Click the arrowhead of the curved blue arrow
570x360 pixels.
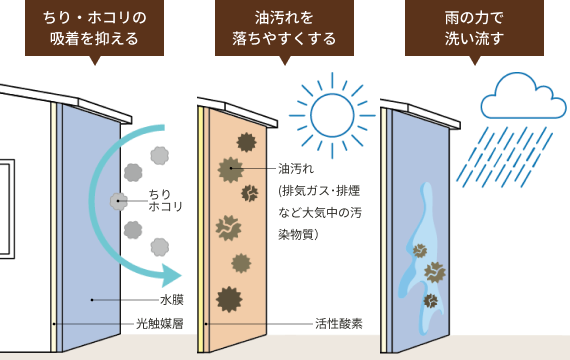pos(172,271)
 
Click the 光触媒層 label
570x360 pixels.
pos(160,324)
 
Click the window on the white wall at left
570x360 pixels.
pos(5,195)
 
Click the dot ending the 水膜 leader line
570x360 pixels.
pos(92,299)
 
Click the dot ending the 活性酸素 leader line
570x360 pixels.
pos(207,324)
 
